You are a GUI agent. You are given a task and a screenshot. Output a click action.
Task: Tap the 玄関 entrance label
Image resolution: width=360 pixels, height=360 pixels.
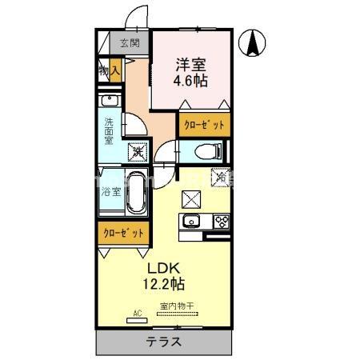(129, 43)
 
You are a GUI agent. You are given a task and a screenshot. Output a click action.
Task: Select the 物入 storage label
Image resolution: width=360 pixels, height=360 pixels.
(110, 72)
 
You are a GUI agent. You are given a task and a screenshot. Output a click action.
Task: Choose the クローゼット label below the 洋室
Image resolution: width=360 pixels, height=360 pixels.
(204, 125)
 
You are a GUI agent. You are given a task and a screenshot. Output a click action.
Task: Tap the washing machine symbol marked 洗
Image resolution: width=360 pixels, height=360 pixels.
(138, 148)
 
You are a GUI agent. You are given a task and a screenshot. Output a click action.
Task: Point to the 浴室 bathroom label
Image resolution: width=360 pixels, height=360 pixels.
(110, 192)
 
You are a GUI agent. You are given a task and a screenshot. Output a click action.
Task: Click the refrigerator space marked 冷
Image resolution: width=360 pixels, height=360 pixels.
(218, 178)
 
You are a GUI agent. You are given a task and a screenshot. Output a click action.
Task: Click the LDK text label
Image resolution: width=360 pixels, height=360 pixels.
(166, 267)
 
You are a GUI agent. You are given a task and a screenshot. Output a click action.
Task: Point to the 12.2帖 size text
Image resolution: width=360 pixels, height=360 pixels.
(166, 283)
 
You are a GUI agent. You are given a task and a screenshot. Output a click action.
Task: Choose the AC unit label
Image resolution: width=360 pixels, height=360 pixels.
(136, 314)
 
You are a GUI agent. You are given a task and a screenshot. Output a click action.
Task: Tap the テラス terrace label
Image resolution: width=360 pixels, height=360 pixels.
(164, 342)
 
